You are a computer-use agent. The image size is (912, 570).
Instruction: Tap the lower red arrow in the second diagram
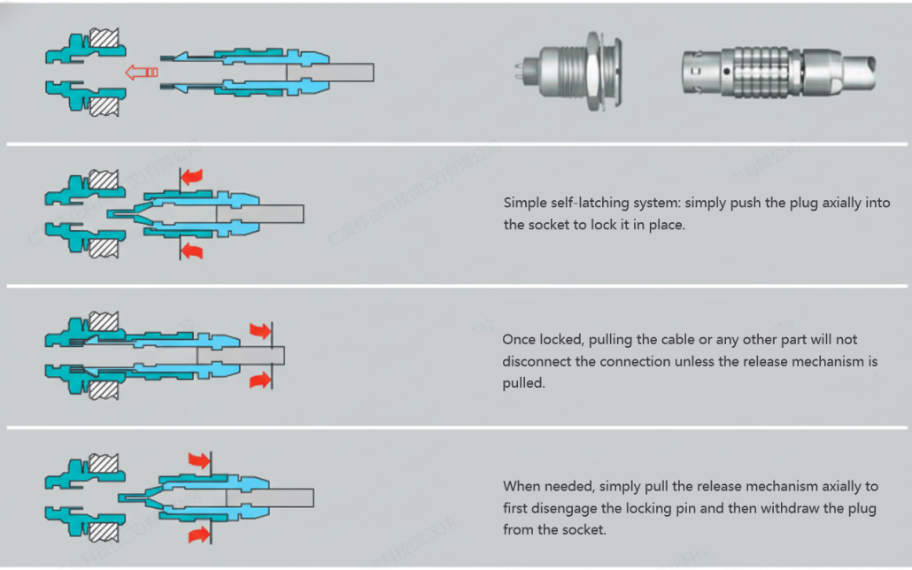coord(191,251)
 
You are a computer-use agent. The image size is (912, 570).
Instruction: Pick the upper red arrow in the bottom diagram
coord(199,460)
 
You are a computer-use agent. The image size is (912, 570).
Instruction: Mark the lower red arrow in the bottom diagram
coord(199,533)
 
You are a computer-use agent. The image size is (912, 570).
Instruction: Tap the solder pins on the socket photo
coord(523,68)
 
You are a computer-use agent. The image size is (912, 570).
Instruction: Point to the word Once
coord(520,340)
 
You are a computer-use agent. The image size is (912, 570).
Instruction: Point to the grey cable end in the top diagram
coord(350,73)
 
